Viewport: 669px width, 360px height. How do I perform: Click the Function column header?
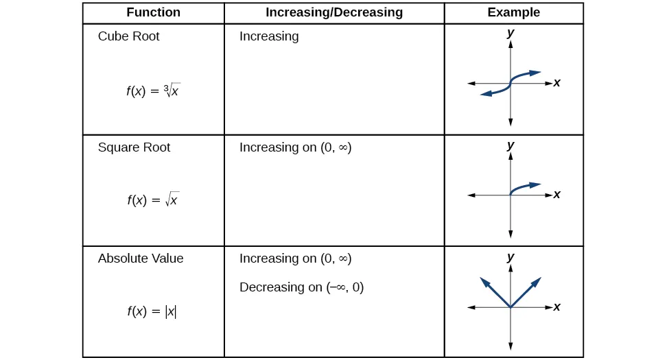[153, 12]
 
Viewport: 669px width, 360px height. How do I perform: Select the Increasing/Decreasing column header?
[334, 12]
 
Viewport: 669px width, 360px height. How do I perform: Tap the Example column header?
[513, 12]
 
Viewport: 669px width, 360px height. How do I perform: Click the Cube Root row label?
[128, 36]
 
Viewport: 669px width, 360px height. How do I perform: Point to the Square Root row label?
[134, 147]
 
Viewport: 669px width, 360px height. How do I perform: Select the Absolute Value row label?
[141, 259]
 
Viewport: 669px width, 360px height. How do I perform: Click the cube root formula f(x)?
[153, 90]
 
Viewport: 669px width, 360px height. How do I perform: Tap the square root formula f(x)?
[153, 200]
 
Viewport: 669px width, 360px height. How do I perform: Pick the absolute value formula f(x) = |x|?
[152, 311]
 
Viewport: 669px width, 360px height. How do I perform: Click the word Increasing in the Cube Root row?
[269, 36]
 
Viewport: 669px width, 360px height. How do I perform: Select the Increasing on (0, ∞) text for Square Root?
[295, 147]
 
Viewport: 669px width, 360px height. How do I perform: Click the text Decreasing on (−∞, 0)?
[301, 287]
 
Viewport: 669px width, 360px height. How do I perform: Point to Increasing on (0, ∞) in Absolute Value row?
[295, 259]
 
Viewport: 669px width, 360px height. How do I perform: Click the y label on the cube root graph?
[510, 32]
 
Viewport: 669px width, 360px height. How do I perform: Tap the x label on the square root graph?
[557, 195]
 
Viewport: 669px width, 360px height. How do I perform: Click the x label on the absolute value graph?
[557, 307]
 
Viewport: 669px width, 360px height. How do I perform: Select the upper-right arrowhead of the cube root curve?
[535, 72]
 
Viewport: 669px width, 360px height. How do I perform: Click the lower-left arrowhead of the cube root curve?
[486, 94]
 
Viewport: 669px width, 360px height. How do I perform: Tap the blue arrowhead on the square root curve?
[535, 184]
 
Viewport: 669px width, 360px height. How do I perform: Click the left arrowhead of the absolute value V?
[484, 282]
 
